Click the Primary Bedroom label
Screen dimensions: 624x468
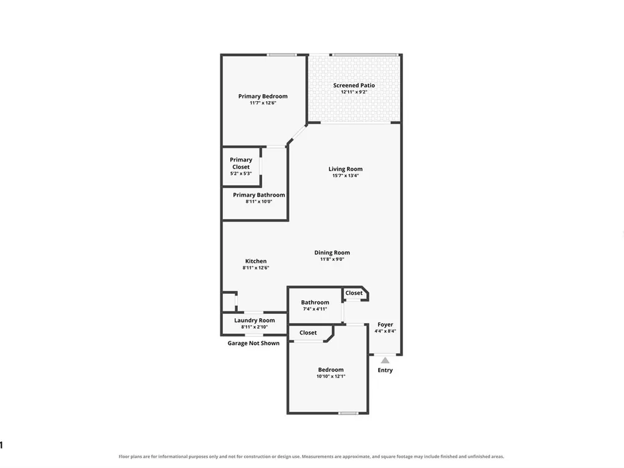(x=263, y=96)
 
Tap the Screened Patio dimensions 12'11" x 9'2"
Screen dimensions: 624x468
(x=354, y=92)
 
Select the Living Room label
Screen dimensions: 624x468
(x=346, y=169)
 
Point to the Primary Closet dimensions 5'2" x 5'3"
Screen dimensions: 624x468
(x=241, y=173)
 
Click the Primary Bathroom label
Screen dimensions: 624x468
(x=259, y=195)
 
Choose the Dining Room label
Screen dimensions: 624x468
(x=332, y=253)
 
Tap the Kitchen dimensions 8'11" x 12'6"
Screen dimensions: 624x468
(x=256, y=268)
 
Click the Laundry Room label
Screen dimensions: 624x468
(x=255, y=320)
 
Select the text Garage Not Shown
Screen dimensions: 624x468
(x=253, y=343)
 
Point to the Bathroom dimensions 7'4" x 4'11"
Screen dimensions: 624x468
(x=314, y=309)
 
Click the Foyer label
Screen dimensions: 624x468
(x=385, y=324)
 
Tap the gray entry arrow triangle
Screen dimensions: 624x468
(x=385, y=361)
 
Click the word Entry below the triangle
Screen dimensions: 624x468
(x=385, y=370)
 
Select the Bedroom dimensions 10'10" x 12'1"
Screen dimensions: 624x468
(x=331, y=376)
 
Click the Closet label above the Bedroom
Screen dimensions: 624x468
(x=308, y=333)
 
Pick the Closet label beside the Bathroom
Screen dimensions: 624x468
(x=354, y=293)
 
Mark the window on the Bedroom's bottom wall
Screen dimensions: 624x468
(x=348, y=413)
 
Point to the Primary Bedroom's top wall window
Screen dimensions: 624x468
(x=282, y=54)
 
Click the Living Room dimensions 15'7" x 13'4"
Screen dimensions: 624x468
(x=346, y=175)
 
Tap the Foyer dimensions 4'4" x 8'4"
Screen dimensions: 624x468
(x=385, y=331)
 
